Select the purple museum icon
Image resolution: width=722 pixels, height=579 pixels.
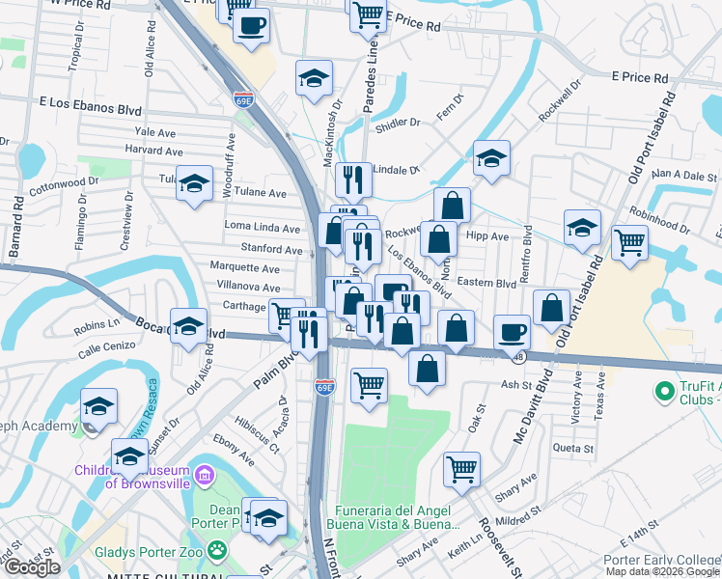click(204, 475)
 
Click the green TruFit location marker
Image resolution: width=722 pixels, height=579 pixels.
click(664, 392)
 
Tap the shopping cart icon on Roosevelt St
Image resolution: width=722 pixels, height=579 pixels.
click(462, 469)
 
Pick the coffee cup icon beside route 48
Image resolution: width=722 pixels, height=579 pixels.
click(513, 332)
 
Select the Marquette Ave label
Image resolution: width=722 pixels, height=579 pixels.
click(245, 268)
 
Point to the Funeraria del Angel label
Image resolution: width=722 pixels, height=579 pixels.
click(397, 510)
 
